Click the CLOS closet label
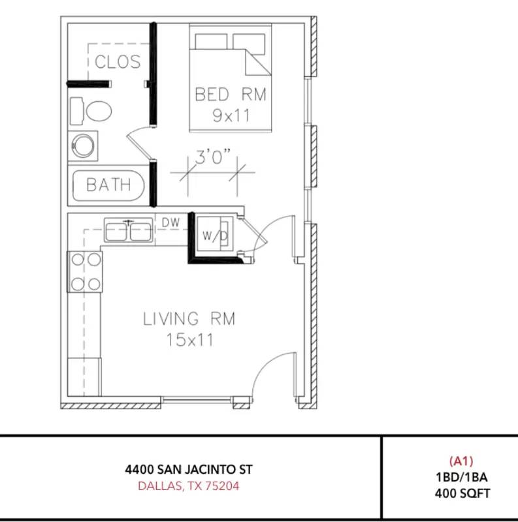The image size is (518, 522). (118, 61)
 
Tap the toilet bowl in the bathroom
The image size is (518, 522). (99, 111)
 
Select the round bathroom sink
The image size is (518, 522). (83, 146)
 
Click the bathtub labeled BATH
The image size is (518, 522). (108, 185)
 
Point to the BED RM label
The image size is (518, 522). (231, 94)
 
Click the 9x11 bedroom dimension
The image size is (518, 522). (231, 116)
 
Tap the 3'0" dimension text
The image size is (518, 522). (213, 157)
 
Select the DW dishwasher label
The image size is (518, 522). (170, 223)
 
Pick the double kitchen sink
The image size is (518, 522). (128, 230)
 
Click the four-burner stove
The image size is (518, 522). (85, 272)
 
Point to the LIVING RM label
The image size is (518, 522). (189, 318)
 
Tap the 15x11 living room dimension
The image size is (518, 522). (189, 340)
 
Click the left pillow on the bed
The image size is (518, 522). (211, 42)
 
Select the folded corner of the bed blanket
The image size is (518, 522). (257, 62)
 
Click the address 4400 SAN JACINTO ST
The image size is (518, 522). (189, 470)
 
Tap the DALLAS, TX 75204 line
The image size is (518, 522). (189, 486)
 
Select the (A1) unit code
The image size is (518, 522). (461, 461)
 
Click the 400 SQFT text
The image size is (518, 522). (462, 493)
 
